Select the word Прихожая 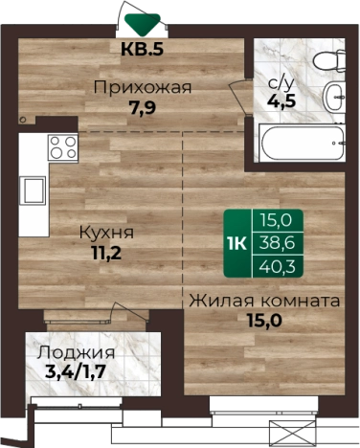click(x=143, y=88)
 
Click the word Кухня click(x=106, y=233)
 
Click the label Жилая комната click(x=263, y=301)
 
